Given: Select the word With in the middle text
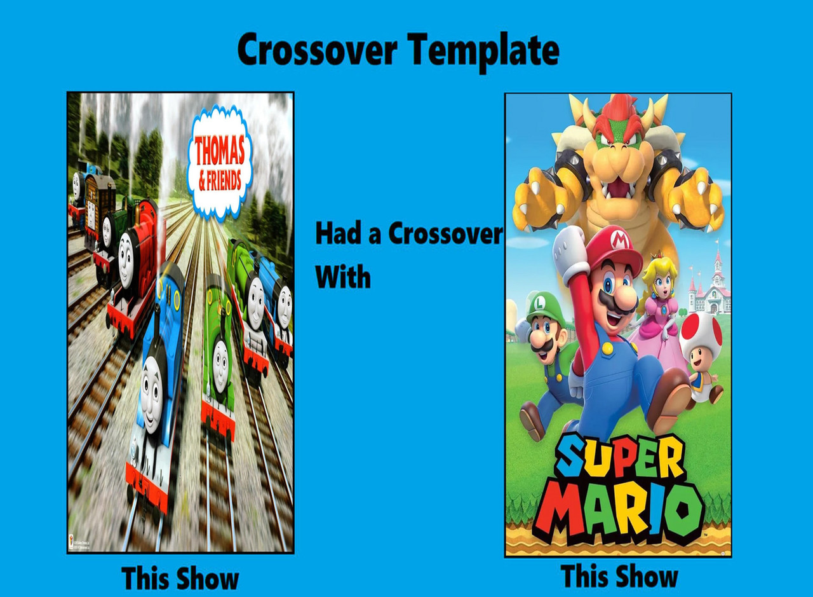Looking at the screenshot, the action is tap(343, 277).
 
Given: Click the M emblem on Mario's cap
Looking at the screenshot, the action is tap(617, 240).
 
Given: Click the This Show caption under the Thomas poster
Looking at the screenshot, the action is tap(180, 578).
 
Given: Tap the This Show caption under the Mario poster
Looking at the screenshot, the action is tap(619, 577).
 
